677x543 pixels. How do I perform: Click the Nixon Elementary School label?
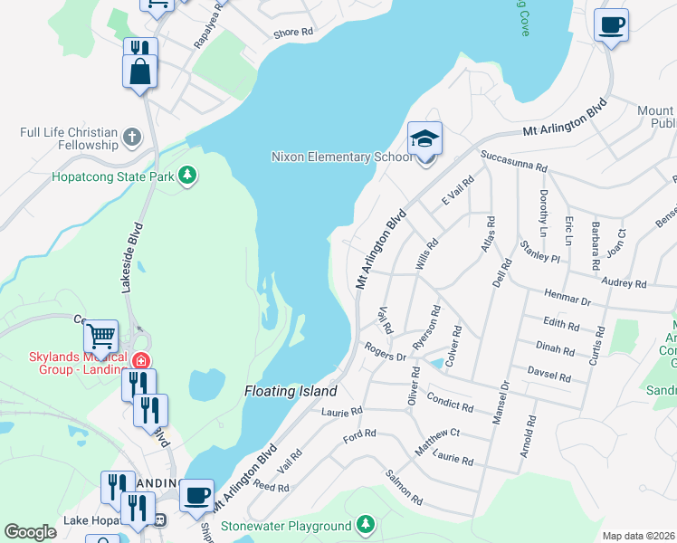[336, 157]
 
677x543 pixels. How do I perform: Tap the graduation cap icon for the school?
[424, 139]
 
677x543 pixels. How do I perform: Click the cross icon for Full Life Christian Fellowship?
[132, 138]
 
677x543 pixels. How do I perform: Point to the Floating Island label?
[291, 392]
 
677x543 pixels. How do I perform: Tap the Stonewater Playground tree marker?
[365, 525]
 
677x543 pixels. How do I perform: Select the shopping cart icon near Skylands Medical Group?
[100, 337]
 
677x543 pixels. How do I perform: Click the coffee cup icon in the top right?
[612, 25]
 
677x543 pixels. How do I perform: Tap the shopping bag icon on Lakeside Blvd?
[139, 72]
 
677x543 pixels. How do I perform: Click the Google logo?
[30, 532]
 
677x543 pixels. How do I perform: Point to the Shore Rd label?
[293, 32]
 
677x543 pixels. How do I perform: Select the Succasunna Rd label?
[514, 161]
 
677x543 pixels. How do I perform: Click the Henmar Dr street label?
[567, 297]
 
